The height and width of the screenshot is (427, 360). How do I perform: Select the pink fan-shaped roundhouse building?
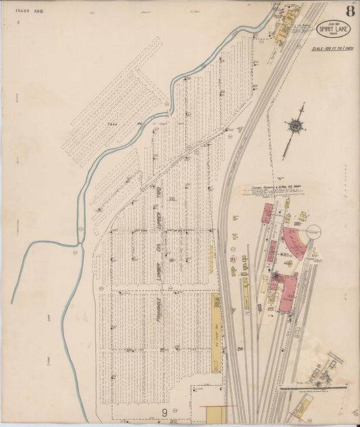click(x=294, y=241)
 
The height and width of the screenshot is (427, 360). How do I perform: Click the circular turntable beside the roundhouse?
click(x=315, y=231)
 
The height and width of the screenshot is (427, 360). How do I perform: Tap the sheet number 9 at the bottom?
click(x=164, y=411)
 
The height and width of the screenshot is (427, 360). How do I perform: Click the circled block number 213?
click(x=232, y=259)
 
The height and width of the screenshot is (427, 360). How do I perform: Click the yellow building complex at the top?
click(x=278, y=30)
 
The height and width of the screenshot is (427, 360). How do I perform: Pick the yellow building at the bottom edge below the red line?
click(x=216, y=415)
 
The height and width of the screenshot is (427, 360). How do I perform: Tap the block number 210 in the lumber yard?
click(x=172, y=199)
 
